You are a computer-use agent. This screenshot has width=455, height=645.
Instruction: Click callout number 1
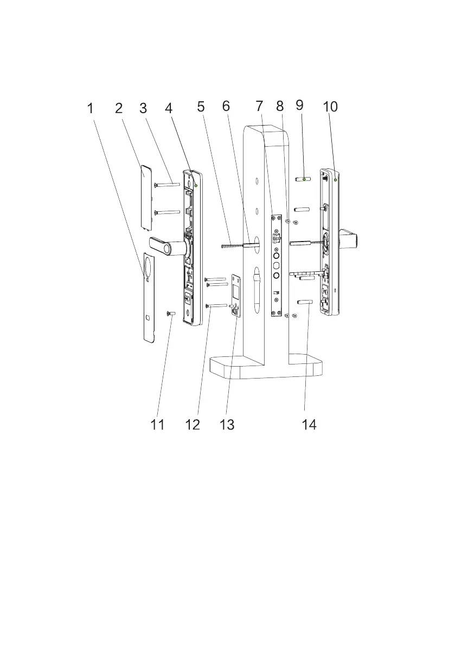pos(91,109)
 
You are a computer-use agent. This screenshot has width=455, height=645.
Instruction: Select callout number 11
pos(157,425)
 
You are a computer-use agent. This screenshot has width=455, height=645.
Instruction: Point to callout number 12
pos(193,425)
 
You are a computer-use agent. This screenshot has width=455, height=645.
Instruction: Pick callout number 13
pos(227,425)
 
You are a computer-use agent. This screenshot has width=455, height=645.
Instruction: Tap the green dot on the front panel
pos(195,185)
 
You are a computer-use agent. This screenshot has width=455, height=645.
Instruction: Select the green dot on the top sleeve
pos(304,179)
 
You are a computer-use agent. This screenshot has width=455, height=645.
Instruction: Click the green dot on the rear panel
pos(336,180)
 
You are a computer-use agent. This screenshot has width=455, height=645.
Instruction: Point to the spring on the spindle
pos(232,245)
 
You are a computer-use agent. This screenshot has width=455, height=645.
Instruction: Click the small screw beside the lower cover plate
pos(171,314)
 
